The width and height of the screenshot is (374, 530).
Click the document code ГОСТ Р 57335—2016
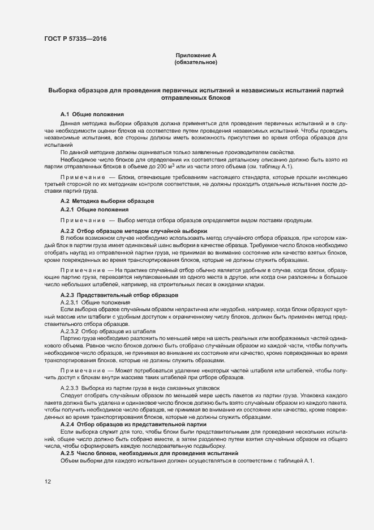click(75, 39)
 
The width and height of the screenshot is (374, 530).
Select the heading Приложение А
click(196, 55)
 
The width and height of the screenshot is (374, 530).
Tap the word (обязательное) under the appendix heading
click(196, 62)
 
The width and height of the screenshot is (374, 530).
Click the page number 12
click(48, 482)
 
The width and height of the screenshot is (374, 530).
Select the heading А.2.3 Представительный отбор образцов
click(119, 295)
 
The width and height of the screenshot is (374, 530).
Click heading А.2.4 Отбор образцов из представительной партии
click(134, 424)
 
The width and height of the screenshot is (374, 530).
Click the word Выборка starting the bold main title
click(63, 90)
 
